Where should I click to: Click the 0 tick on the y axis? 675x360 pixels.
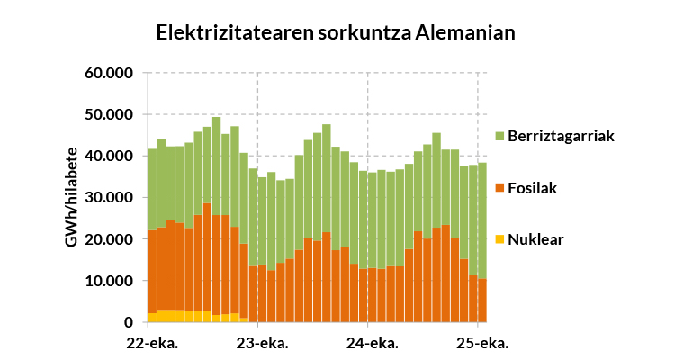pos(129,322)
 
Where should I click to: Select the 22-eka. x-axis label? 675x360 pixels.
pos(152,343)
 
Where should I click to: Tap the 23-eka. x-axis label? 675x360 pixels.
pos(261,343)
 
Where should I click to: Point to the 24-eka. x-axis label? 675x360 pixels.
pos(371,343)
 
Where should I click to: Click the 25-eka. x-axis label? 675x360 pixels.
pos(481,343)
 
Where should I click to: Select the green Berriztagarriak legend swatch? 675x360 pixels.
pos(499,137)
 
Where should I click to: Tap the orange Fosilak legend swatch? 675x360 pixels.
pos(499,188)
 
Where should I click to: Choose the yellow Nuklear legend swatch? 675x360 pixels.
pos(499,239)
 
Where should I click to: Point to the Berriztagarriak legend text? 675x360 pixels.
pos(560,137)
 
